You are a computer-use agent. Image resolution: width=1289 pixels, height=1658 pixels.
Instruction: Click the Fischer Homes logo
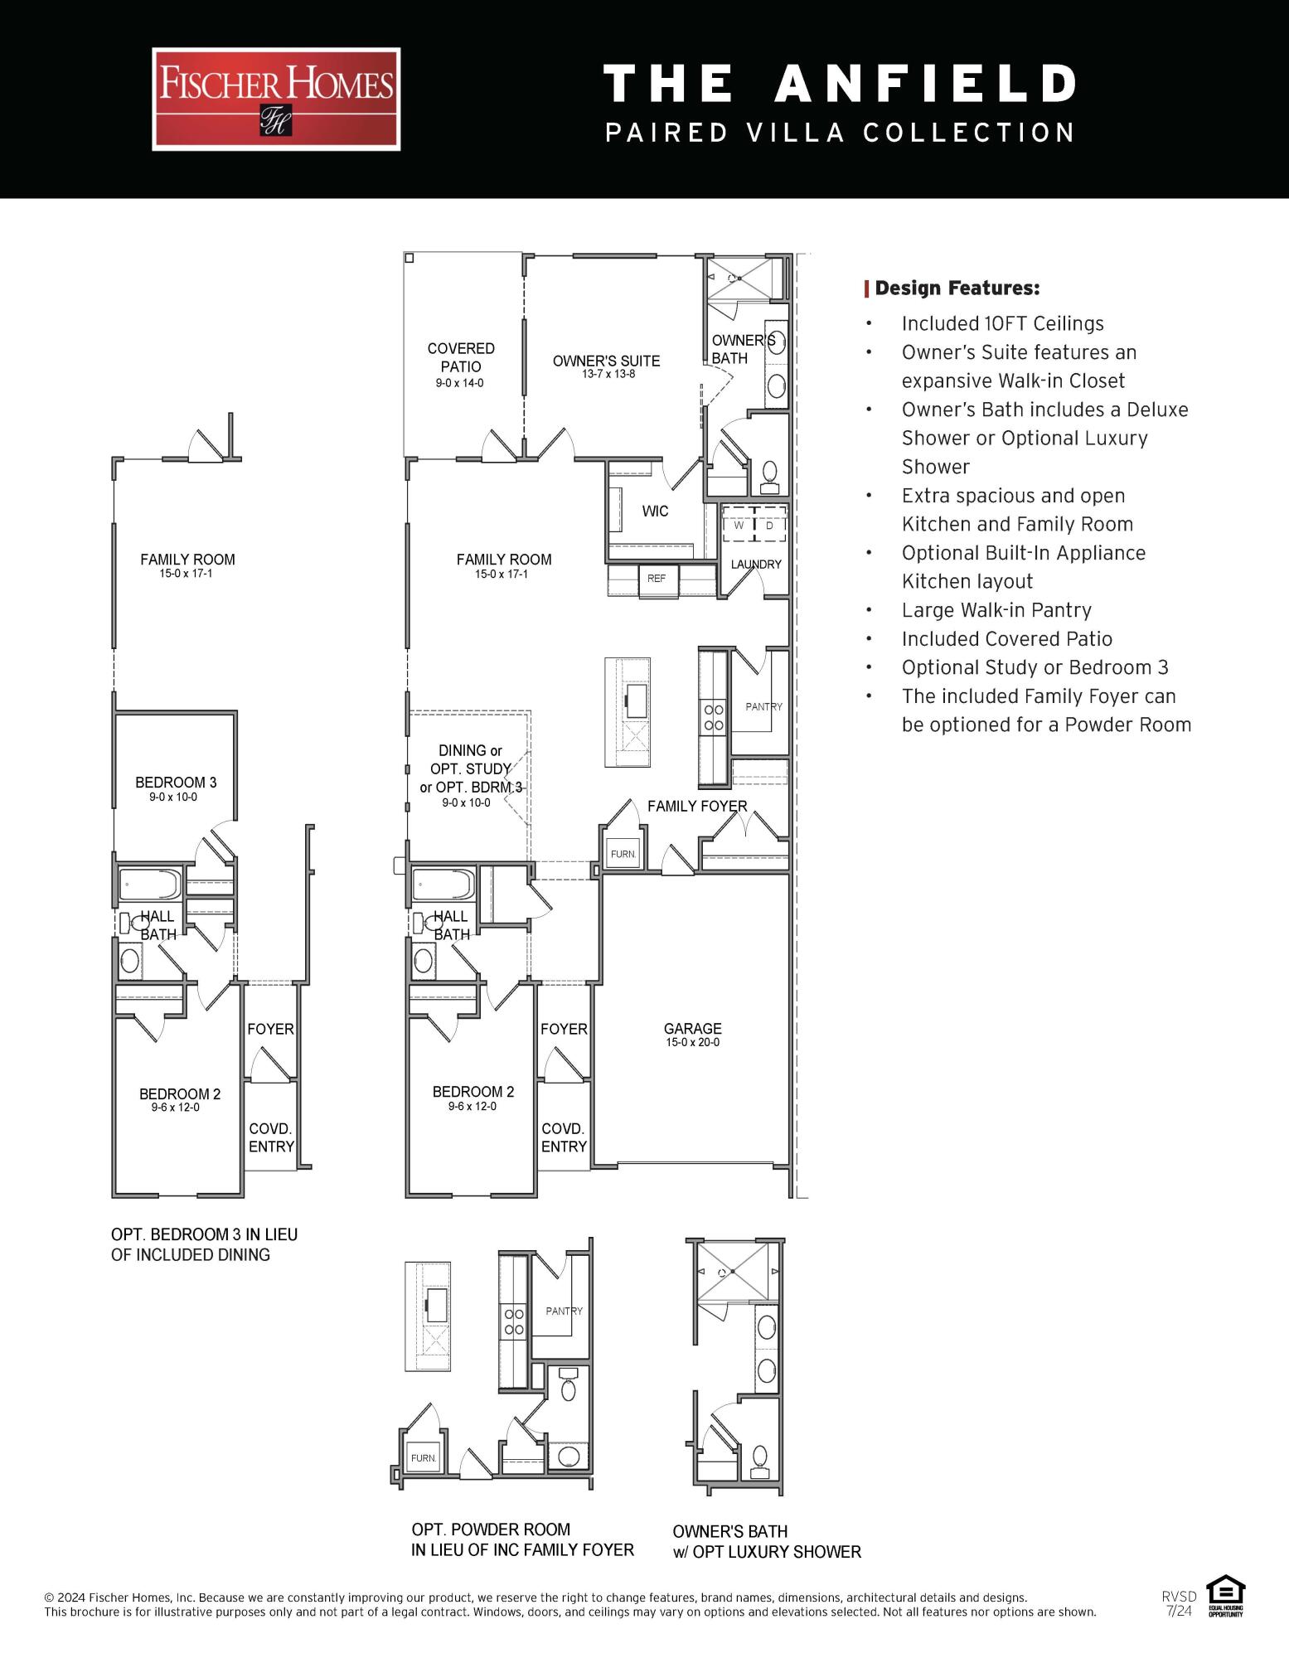(276, 99)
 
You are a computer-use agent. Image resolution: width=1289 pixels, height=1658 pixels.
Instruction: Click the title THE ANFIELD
(840, 84)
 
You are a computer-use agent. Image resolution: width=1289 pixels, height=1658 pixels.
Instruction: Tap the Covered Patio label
(461, 358)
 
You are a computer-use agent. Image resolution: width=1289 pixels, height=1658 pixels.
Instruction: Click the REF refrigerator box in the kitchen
(657, 579)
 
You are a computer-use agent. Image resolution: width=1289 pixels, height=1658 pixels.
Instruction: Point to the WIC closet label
(655, 511)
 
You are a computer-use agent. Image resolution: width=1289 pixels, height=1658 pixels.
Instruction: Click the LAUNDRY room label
(755, 565)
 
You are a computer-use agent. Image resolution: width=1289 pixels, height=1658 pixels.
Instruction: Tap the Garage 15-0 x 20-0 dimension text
(693, 1043)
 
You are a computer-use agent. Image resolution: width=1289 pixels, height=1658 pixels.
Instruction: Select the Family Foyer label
(696, 806)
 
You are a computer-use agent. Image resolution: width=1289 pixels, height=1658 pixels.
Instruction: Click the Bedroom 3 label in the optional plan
(176, 783)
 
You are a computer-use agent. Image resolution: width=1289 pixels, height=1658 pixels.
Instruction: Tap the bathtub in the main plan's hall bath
(443, 885)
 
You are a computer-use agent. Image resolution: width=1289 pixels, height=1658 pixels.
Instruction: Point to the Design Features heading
(957, 288)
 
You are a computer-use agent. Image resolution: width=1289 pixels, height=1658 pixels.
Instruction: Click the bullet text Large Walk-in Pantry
(996, 610)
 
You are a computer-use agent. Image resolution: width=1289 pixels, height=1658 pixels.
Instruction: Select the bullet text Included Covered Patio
(1006, 639)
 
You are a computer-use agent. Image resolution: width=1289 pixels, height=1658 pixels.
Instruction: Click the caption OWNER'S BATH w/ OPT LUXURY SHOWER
(766, 1541)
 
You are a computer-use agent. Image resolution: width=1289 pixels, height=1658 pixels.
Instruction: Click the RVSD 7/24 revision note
(1178, 1602)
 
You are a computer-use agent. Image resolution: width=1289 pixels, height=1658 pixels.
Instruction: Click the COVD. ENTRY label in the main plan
(564, 1137)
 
